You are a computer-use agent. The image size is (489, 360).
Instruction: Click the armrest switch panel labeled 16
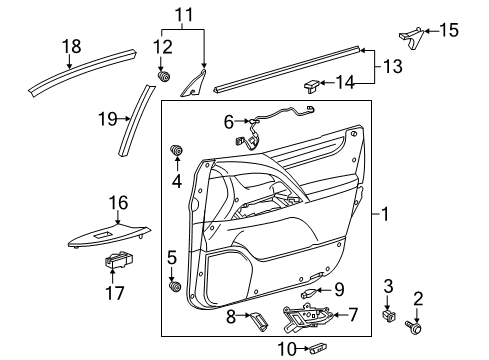click(110, 237)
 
